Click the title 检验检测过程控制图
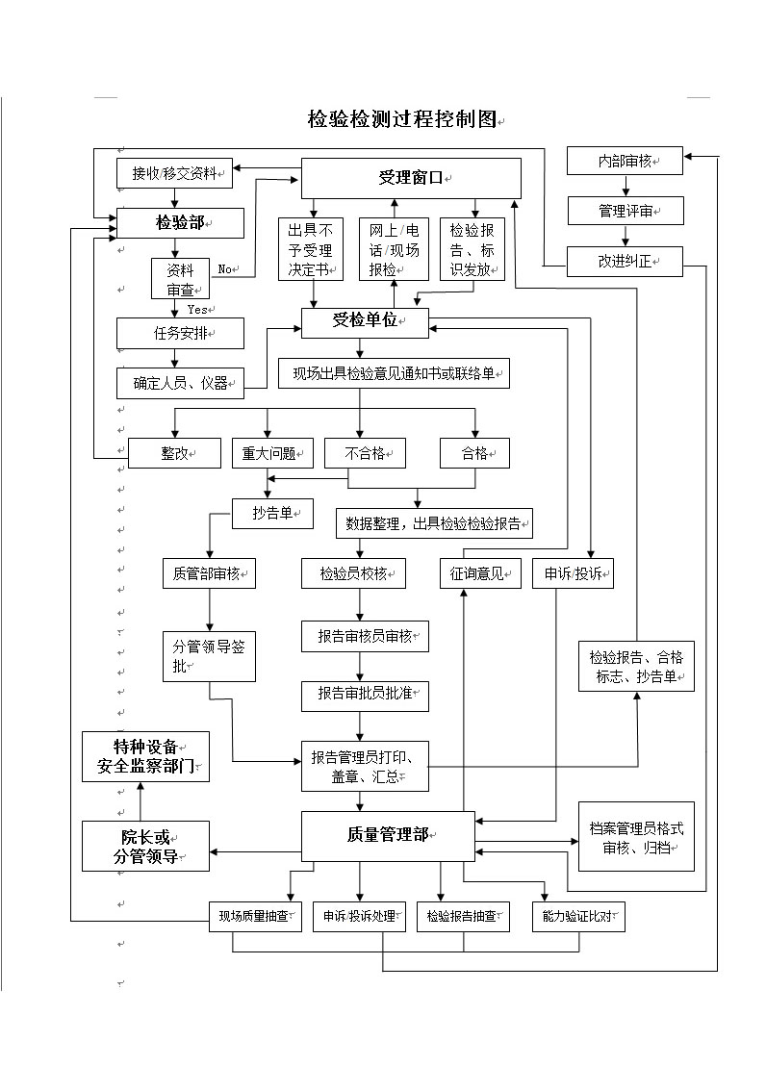(402, 119)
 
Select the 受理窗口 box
(411, 178)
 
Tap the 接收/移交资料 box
(174, 173)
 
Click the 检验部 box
(180, 223)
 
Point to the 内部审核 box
(625, 161)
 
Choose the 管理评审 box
(625, 211)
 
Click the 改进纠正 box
(625, 261)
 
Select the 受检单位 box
(365, 322)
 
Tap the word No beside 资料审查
(227, 268)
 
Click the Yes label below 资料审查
(197, 309)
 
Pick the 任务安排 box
(180, 334)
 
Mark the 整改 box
(174, 453)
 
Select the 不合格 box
(365, 453)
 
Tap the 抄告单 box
(272, 515)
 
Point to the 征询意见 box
(477, 574)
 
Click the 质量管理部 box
(388, 835)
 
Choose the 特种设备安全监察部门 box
(145, 756)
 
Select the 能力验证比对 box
(578, 917)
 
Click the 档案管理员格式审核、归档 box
(635, 837)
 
